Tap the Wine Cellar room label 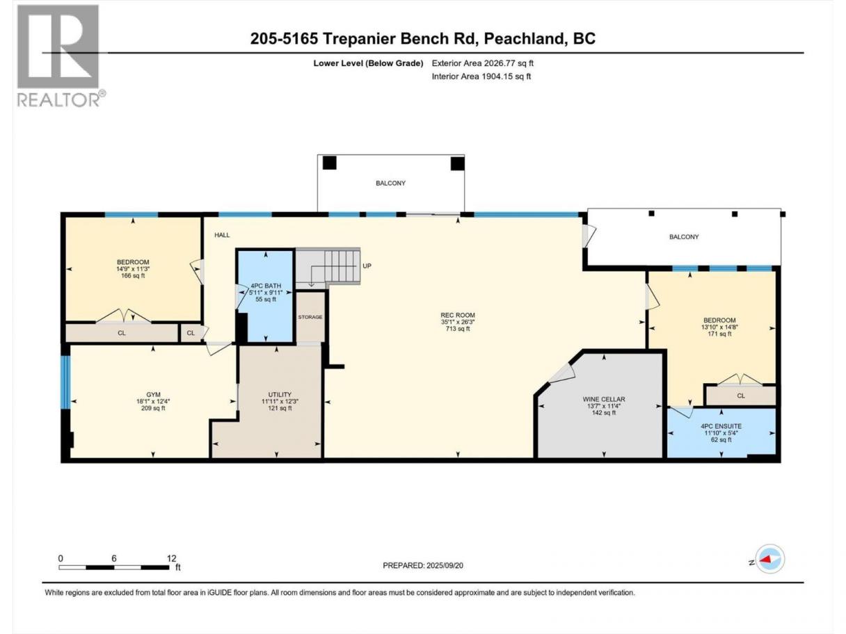(x=604, y=399)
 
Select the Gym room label (x=153, y=395)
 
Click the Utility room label (x=280, y=395)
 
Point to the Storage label (x=310, y=317)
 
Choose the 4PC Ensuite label (x=721, y=426)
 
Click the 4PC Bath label (x=266, y=286)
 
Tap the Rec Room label (x=458, y=315)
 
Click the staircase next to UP (x=328, y=266)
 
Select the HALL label (x=222, y=235)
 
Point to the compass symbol (x=769, y=558)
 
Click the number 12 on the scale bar (x=172, y=558)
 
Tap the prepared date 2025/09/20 (x=445, y=565)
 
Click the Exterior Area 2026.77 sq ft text (x=483, y=63)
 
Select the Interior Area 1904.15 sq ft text (x=481, y=76)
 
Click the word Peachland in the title (x=525, y=38)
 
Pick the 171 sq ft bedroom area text (x=719, y=334)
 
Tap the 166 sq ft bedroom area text (x=133, y=275)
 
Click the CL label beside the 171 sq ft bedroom (x=741, y=396)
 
